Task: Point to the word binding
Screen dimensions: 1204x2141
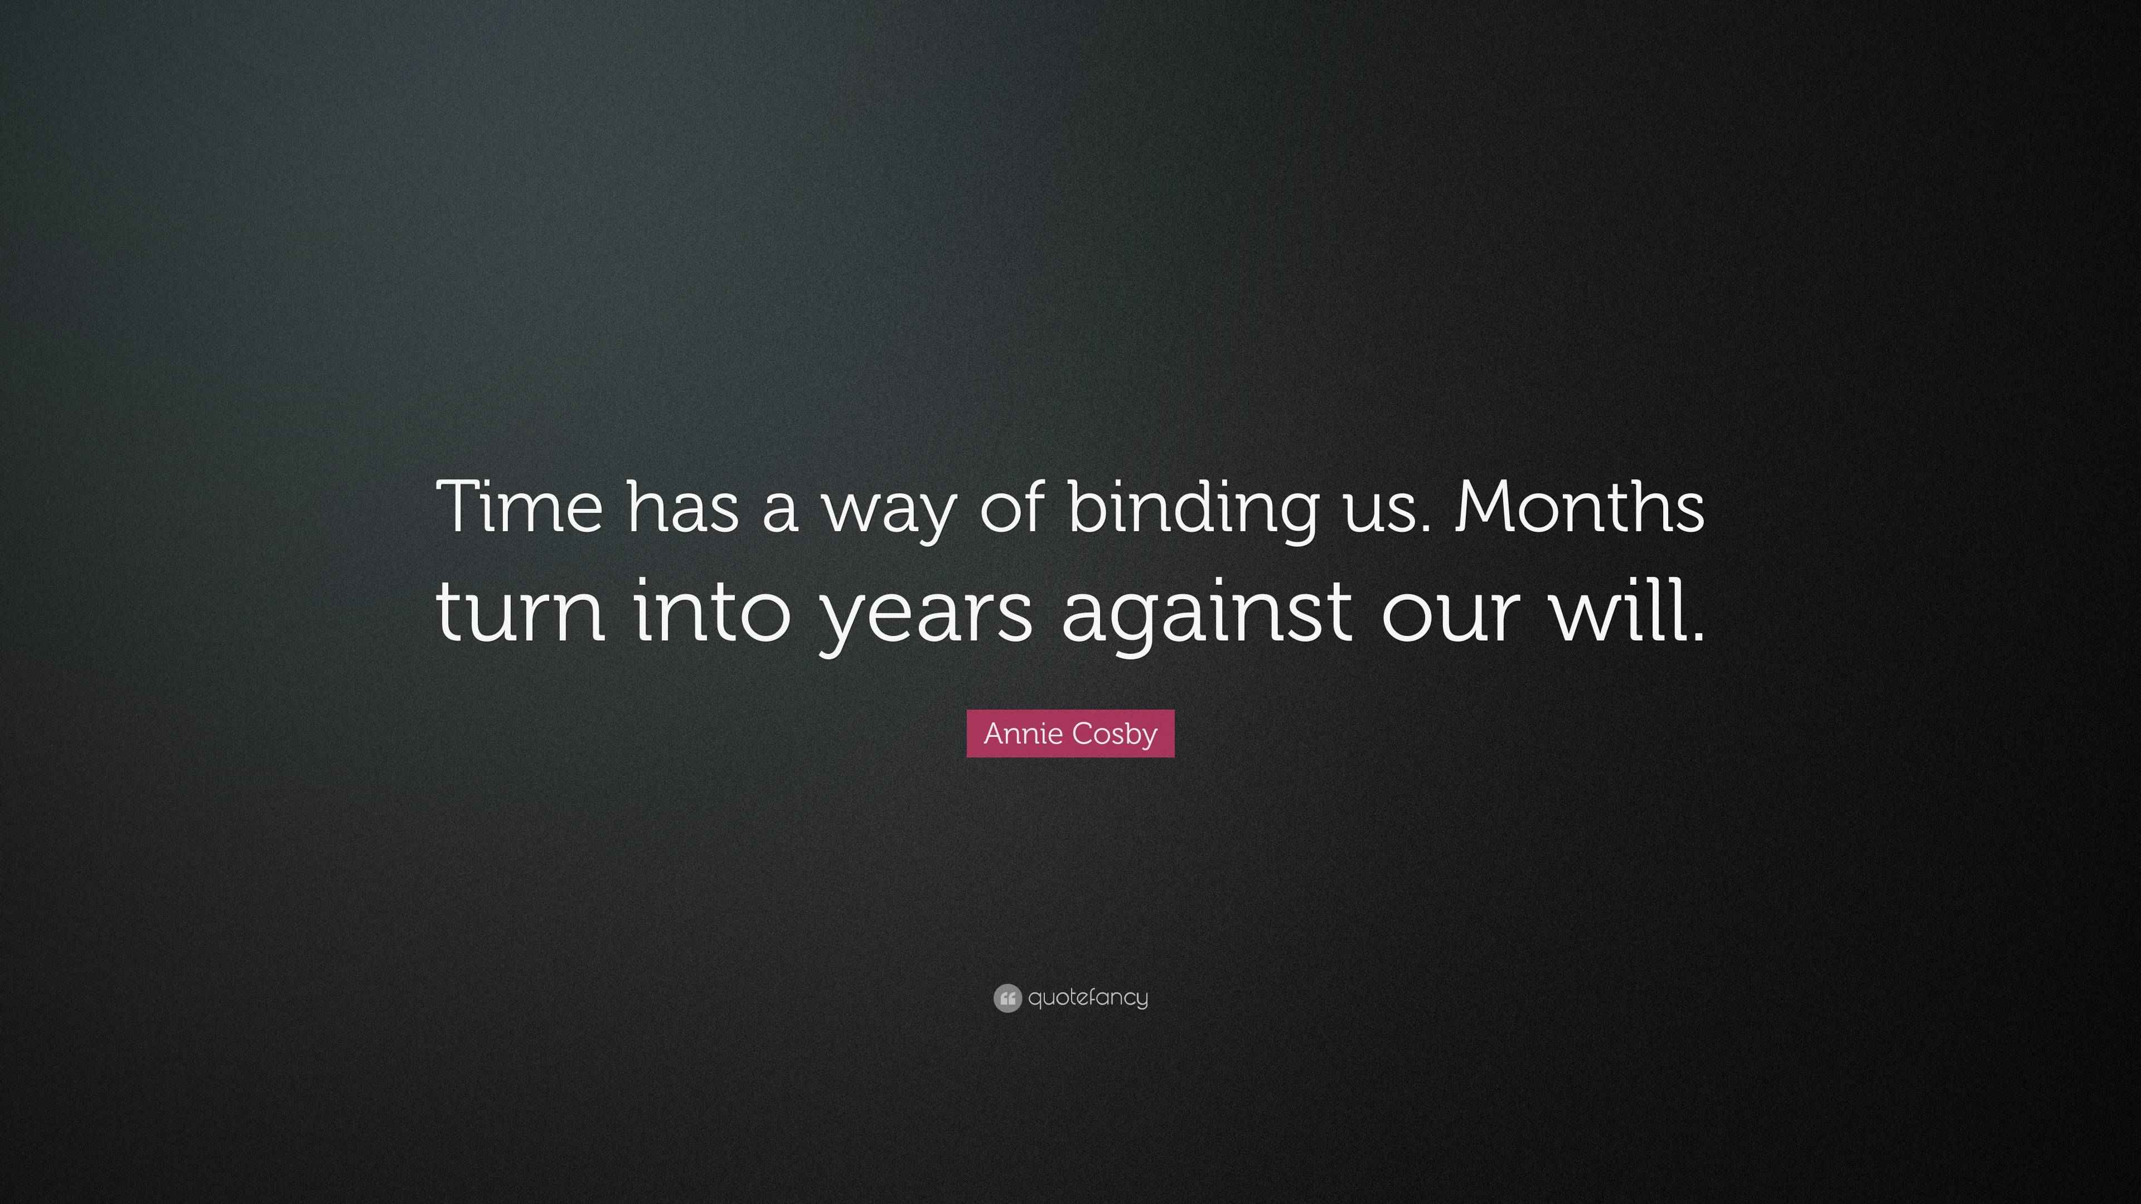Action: pyautogui.click(x=1192, y=508)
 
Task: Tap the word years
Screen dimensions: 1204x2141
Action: pyautogui.click(x=926, y=619)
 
